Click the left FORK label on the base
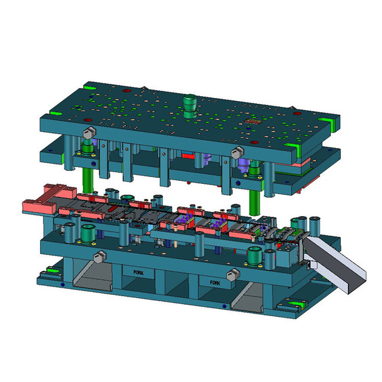click(138, 272)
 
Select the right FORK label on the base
click(215, 282)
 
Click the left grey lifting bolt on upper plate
click(90, 133)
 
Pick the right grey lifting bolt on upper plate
click(238, 152)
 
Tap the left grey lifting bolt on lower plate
click(100, 257)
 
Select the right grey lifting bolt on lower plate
click(233, 275)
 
